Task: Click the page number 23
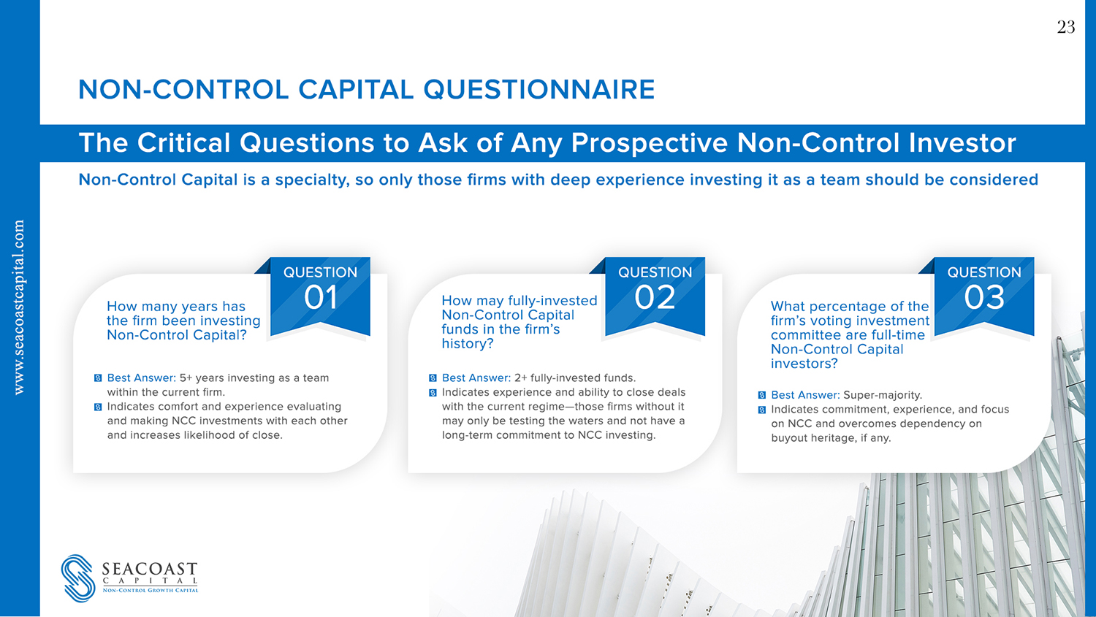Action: (1065, 27)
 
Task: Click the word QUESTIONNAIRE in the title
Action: (539, 90)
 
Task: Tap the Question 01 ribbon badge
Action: (320, 296)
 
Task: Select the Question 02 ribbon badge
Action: (655, 296)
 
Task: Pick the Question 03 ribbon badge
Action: (984, 296)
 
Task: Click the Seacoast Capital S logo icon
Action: (78, 578)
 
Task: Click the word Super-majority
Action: (883, 395)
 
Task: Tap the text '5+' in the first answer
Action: (186, 378)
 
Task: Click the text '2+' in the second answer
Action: (520, 378)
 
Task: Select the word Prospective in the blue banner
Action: (650, 143)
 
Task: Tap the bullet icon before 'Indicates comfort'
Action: (98, 407)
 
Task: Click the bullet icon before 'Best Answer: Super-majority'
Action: (762, 395)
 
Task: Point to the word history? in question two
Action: (468, 344)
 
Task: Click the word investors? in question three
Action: (804, 364)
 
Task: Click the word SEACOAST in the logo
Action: (150, 569)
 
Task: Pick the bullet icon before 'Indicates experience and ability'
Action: (433, 393)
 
